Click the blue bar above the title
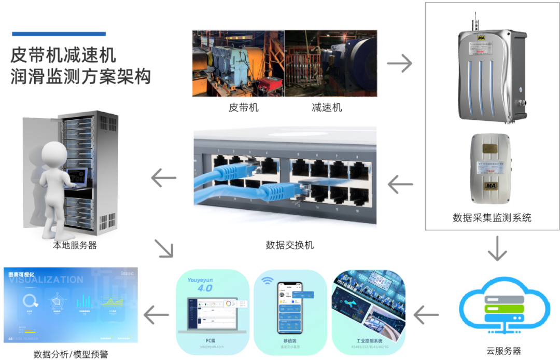click(x=59, y=34)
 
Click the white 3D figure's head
click(x=53, y=154)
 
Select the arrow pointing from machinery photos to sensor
click(x=399, y=63)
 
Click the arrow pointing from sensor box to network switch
click(x=400, y=184)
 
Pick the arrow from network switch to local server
click(x=163, y=178)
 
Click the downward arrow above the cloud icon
click(x=497, y=249)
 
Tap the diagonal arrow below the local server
click(x=164, y=249)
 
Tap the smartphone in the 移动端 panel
click(x=289, y=308)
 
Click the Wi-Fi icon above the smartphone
click(x=267, y=281)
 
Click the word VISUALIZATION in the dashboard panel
click(x=46, y=280)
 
